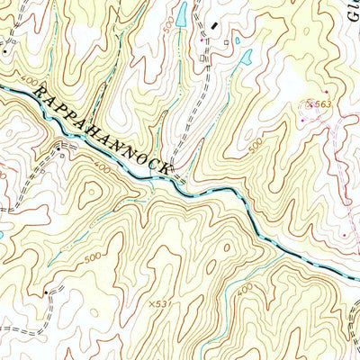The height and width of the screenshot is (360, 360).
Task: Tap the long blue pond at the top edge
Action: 181,13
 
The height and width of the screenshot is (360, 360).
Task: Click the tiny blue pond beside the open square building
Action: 238,40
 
